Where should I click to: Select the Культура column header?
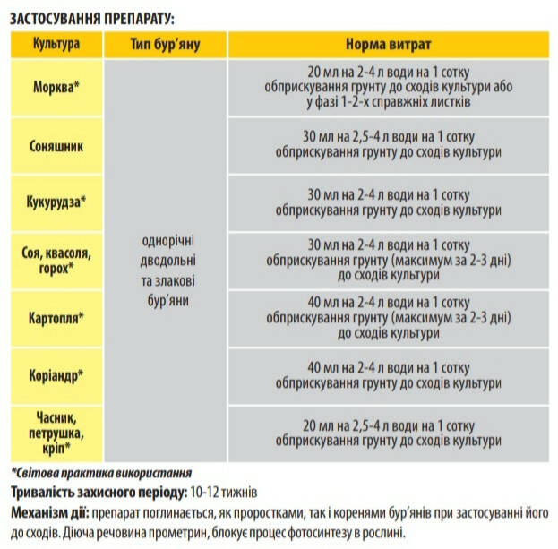tap(56, 44)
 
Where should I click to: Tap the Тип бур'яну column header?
tap(165, 44)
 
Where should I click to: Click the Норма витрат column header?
tap(388, 44)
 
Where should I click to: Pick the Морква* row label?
tap(56, 87)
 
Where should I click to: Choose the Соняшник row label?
tap(56, 145)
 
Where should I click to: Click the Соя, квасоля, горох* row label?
tap(56, 261)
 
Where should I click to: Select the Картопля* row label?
tap(56, 317)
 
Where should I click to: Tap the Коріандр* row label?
tap(56, 374)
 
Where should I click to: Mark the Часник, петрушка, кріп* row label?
tap(56, 433)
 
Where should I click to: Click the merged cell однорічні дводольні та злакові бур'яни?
tap(165, 260)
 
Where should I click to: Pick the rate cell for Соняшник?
tap(388, 145)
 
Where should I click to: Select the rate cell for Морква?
tap(388, 87)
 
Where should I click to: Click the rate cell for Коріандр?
tap(388, 374)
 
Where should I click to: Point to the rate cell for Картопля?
tap(388, 317)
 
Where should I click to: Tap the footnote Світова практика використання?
tap(101, 472)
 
